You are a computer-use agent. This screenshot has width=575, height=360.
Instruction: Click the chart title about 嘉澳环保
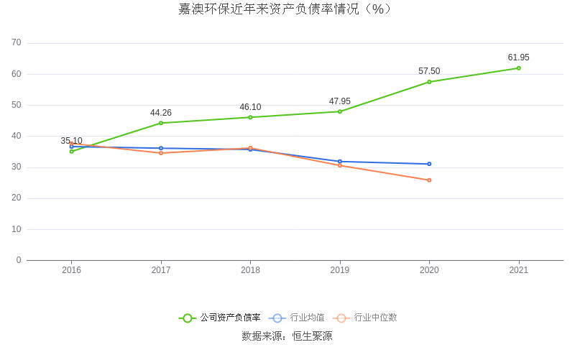(285, 9)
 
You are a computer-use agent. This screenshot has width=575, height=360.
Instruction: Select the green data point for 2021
(518, 68)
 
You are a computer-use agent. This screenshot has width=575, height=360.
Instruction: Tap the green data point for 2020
(429, 82)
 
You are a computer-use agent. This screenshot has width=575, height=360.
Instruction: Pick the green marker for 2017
(161, 123)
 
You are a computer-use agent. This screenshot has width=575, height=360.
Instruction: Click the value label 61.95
(518, 57)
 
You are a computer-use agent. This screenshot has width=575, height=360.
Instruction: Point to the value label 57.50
(429, 71)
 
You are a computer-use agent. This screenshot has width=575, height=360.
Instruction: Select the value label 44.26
(161, 113)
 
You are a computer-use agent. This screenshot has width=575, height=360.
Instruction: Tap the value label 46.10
(250, 107)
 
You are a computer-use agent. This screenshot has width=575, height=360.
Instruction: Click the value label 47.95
(340, 101)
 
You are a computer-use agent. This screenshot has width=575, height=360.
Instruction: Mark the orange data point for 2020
(429, 180)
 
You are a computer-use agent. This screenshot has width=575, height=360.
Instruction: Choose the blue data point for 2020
(429, 164)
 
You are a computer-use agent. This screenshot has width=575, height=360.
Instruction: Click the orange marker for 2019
(340, 165)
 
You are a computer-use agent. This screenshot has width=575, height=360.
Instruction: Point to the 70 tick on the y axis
(17, 43)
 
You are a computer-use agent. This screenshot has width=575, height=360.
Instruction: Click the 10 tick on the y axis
(17, 229)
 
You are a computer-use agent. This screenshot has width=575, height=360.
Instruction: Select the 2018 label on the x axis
(250, 270)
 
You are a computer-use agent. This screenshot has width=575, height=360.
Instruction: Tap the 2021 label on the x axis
(518, 270)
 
